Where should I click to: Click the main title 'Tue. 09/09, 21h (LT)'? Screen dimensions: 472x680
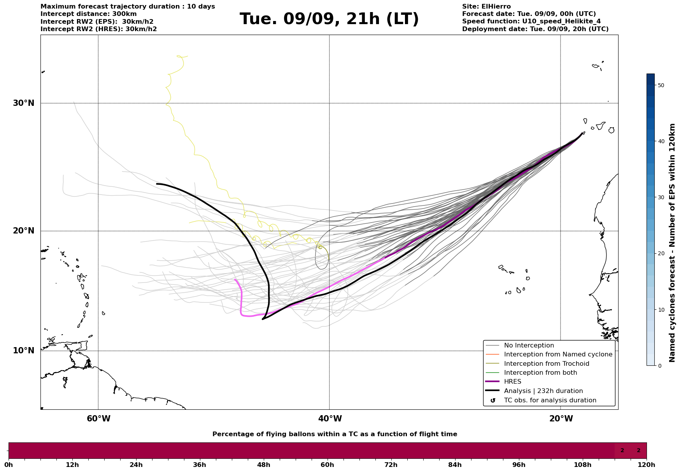tap(329, 19)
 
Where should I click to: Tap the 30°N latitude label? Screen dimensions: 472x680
tap(24, 103)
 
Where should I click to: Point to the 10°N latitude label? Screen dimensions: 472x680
tap(24, 351)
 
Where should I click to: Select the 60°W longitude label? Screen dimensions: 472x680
tap(98, 419)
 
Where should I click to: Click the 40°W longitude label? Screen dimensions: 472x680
tap(330, 419)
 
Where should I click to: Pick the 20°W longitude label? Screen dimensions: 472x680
tap(561, 419)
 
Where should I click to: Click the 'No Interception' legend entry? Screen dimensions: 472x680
tap(529, 346)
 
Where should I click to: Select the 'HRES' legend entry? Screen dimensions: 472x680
tap(512, 382)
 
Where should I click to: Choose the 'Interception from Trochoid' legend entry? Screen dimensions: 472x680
tap(546, 364)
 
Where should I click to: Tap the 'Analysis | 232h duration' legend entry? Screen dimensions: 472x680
tap(543, 391)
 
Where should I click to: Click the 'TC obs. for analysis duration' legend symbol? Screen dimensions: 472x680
tap(493, 400)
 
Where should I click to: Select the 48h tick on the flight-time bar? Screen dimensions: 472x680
tap(263, 465)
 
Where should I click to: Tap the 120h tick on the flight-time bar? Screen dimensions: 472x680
tap(647, 465)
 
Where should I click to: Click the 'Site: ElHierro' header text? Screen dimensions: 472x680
tap(486, 7)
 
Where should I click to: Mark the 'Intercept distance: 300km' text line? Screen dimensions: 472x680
tap(89, 14)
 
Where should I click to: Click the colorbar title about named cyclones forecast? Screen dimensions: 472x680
tap(672, 243)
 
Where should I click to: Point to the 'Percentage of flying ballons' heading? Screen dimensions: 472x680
tap(335, 434)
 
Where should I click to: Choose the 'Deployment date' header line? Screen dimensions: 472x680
tap(535, 29)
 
